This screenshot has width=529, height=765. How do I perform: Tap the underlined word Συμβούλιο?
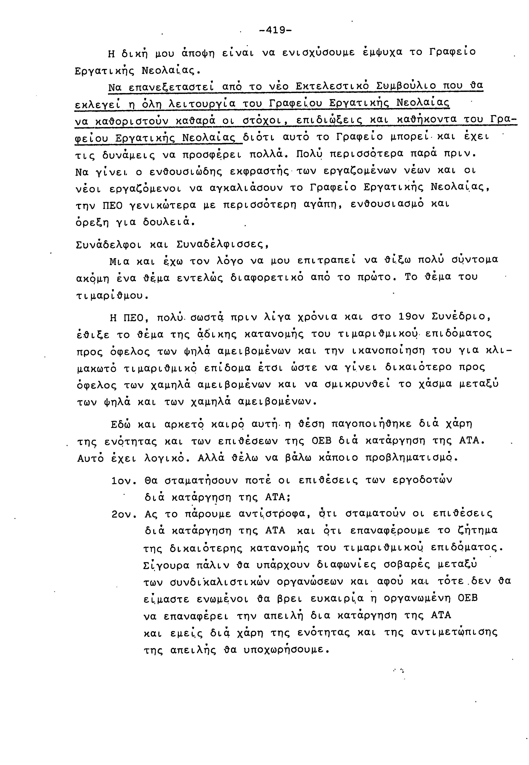pos(401,86)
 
